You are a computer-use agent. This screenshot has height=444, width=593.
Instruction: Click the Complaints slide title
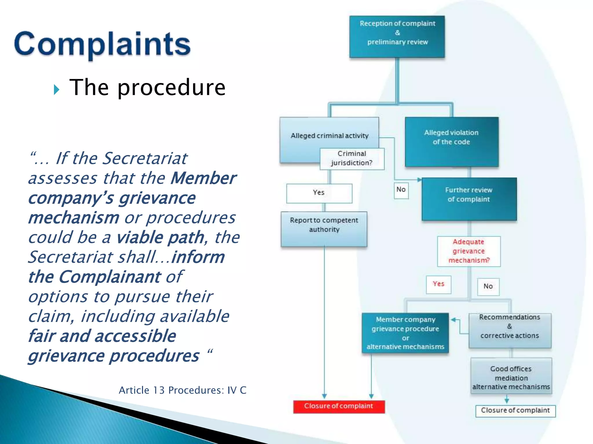(x=102, y=44)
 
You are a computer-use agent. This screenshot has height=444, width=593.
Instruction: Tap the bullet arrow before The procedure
(x=56, y=90)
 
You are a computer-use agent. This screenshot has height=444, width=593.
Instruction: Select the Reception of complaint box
(x=397, y=36)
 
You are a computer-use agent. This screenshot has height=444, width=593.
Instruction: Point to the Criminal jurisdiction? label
(x=352, y=158)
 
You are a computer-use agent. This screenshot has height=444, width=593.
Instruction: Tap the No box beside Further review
(x=401, y=190)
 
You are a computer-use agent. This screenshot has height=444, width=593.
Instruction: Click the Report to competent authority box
(x=324, y=229)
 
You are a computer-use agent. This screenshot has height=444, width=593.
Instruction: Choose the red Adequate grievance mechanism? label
(x=469, y=251)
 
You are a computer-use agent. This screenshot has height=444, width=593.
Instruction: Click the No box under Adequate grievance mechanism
(x=488, y=286)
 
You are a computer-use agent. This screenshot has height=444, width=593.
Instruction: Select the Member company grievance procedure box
(x=405, y=333)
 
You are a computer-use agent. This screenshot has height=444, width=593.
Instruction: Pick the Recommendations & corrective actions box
(x=510, y=330)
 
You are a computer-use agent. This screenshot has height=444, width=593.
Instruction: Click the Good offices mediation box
(x=511, y=376)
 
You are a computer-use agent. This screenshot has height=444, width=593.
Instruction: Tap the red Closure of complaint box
(x=339, y=406)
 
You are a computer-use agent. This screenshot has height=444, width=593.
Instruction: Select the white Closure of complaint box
(x=515, y=411)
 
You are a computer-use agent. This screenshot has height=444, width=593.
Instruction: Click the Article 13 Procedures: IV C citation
(x=182, y=390)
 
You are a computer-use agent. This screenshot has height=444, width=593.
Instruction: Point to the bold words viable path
(x=160, y=238)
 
